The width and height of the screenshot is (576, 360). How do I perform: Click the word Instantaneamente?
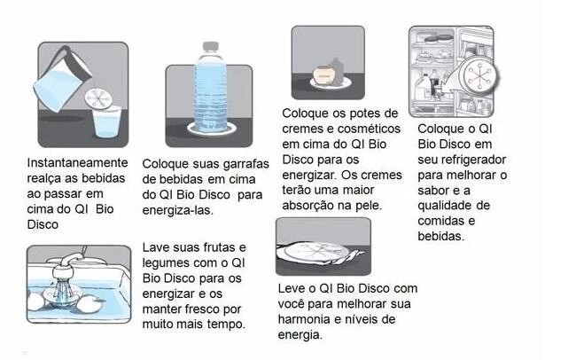click(77, 162)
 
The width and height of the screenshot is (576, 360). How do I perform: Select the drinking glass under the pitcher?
click(107, 121)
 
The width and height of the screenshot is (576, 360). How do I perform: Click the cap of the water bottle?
click(211, 47)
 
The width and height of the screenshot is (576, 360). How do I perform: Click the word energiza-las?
click(178, 210)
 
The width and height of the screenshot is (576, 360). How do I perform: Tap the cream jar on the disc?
click(323, 74)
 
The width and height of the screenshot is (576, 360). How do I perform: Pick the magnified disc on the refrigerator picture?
click(479, 76)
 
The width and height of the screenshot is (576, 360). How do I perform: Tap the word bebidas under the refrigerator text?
click(440, 236)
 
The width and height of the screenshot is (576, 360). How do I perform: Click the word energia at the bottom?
click(300, 335)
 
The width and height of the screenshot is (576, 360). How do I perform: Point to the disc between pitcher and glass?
click(98, 98)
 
